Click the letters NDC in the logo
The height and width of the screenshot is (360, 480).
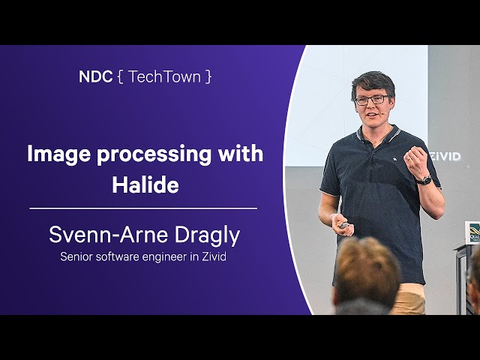(x=95, y=76)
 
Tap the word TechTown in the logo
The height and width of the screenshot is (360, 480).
(x=164, y=76)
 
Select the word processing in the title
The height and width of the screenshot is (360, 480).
(x=154, y=154)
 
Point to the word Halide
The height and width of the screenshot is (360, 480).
(x=145, y=184)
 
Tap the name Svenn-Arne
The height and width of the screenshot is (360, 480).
(x=109, y=235)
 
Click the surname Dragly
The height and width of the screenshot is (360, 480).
(x=207, y=235)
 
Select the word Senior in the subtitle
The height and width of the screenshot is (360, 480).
(x=76, y=256)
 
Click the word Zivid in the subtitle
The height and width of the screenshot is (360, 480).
(x=214, y=256)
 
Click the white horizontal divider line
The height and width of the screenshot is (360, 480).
(x=143, y=208)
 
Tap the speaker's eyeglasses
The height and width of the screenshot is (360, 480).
(x=371, y=100)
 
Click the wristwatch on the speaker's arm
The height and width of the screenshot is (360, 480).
(x=425, y=180)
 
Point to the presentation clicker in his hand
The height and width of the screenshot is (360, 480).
(x=344, y=226)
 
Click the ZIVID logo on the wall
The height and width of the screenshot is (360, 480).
(x=446, y=157)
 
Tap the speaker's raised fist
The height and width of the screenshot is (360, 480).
(x=415, y=162)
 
